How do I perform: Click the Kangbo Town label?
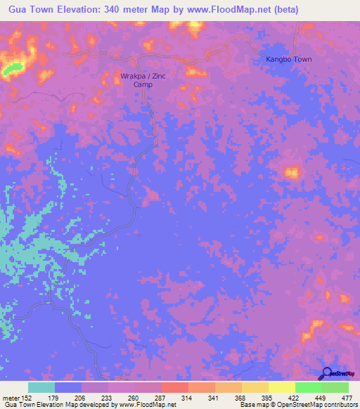(x=288, y=59)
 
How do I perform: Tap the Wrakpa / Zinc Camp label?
(x=143, y=79)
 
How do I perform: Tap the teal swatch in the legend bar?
(x=41, y=387)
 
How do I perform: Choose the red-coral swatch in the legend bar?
(x=175, y=387)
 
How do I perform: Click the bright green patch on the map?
(x=11, y=69)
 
